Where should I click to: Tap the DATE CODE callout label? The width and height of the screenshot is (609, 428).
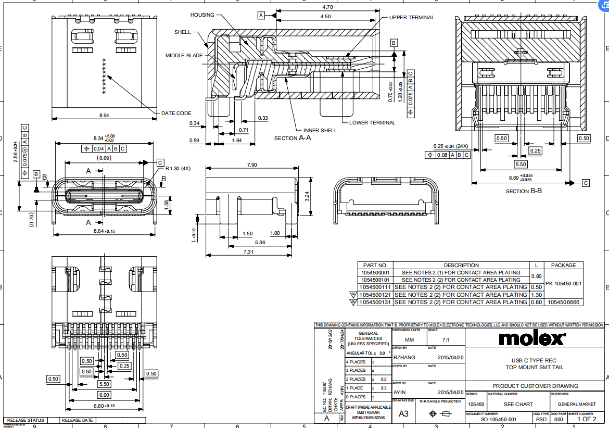(176, 113)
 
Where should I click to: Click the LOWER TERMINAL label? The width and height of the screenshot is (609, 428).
(372, 123)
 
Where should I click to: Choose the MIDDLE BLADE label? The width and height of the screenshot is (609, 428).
(184, 56)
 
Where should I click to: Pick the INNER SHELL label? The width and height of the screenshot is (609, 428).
(319, 130)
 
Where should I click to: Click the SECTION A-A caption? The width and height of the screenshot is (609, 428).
(293, 138)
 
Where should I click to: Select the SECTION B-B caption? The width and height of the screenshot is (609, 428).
(524, 191)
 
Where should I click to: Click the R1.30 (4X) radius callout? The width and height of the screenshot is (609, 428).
(179, 169)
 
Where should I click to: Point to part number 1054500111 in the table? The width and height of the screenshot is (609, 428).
(375, 287)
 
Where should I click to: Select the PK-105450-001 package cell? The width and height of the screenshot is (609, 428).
(563, 284)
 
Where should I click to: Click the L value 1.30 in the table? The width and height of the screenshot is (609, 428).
(536, 295)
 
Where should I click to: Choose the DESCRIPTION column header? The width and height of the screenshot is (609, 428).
(461, 265)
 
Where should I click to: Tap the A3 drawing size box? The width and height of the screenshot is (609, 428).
(403, 413)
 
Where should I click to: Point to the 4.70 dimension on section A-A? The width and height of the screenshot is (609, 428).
(327, 7)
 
